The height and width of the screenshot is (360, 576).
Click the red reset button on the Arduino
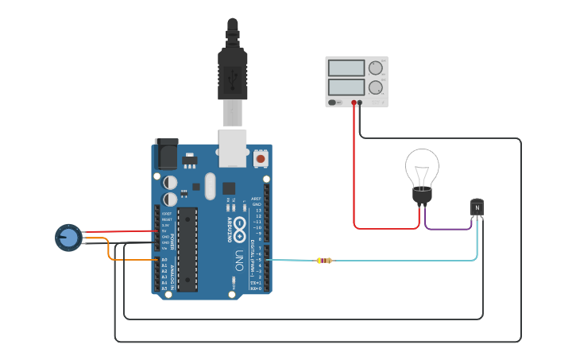click(x=260, y=159)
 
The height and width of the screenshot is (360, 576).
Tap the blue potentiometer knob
click(x=69, y=237)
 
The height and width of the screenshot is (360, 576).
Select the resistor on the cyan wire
click(x=324, y=261)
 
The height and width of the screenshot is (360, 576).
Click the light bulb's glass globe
click(x=421, y=167)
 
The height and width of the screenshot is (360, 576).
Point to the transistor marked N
click(x=477, y=208)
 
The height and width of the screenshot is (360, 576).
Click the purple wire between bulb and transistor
click(x=448, y=229)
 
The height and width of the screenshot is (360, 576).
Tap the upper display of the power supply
click(x=346, y=68)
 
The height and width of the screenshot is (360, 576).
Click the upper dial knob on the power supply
click(x=375, y=68)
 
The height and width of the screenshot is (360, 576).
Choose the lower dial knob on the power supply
click(x=375, y=86)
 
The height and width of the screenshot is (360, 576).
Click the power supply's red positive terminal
click(x=354, y=103)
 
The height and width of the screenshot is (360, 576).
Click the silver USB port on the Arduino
click(x=232, y=147)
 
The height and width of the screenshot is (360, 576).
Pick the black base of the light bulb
click(x=422, y=195)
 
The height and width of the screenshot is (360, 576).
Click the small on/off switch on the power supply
click(x=333, y=103)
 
